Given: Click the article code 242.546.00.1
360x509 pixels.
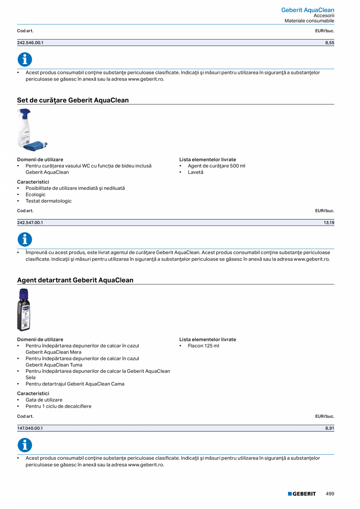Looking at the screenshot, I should click(30, 43).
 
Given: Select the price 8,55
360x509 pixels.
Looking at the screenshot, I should click(329, 43).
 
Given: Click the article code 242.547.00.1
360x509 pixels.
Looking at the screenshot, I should click(30, 223).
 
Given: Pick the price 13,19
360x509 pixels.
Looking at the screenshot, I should click(329, 223).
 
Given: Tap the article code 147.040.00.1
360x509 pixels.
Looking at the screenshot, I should click(30, 428).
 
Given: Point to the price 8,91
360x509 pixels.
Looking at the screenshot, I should click(329, 428).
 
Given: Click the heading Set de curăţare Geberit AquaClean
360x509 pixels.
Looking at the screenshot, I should click(73, 100).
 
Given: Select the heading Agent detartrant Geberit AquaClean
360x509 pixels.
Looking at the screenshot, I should click(75, 280).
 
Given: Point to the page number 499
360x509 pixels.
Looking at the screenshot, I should click(330, 494).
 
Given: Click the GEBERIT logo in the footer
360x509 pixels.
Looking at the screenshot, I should click(302, 494).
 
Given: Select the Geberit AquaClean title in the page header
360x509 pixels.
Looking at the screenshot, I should click(308, 10).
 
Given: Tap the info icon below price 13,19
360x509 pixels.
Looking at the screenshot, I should click(25, 239).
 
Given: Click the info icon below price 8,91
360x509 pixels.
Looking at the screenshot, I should click(25, 445).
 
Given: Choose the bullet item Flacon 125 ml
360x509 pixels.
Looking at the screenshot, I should click(203, 346).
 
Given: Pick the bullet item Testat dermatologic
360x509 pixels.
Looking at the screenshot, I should click(49, 201).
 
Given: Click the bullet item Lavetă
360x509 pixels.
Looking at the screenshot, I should click(195, 172).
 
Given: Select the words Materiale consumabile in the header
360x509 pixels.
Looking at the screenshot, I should click(309, 21).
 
